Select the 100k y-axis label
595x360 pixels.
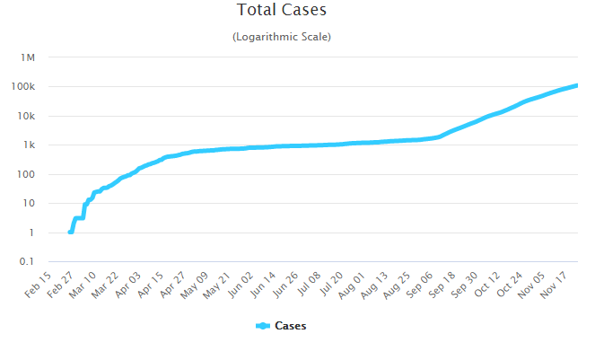pyautogui.click(x=24, y=87)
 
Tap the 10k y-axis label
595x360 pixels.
pyautogui.click(x=27, y=117)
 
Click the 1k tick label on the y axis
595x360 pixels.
pyautogui.click(x=30, y=145)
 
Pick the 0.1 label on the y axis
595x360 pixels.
pyautogui.click(x=28, y=262)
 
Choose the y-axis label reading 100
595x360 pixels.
pyautogui.click(x=27, y=175)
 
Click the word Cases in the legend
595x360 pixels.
pyautogui.click(x=290, y=326)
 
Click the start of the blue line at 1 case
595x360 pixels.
pyautogui.click(x=70, y=233)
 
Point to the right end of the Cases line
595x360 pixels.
pyautogui.click(x=575, y=85)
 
